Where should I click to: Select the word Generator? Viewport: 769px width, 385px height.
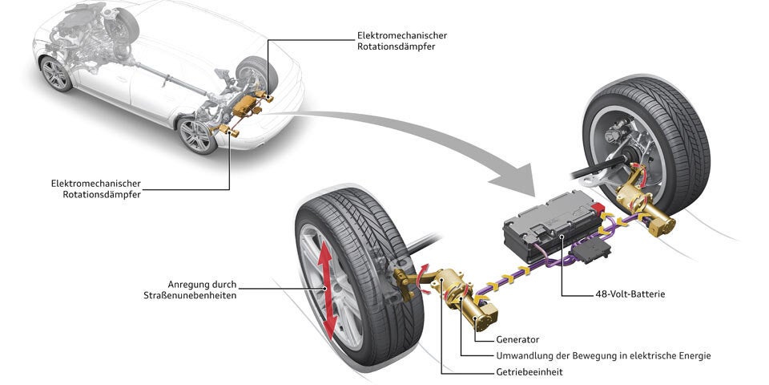tap(517, 339)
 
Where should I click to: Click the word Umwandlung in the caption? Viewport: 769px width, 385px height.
tap(521, 355)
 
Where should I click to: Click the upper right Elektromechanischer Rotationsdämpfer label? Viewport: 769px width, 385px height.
tap(402, 41)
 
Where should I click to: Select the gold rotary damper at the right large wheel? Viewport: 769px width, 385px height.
tap(650, 210)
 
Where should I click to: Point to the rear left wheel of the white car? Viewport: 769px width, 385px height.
tap(196, 136)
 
